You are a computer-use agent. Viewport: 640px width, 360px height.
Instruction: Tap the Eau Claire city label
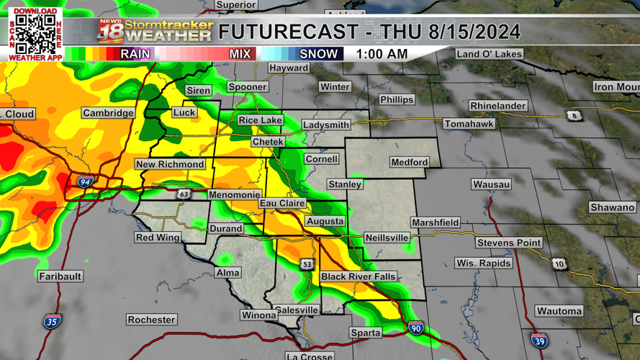(x=282, y=204)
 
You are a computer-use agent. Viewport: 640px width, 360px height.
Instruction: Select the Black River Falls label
(x=358, y=277)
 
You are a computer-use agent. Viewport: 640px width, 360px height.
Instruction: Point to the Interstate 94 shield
(x=85, y=183)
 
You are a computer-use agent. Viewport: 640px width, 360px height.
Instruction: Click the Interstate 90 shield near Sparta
(x=415, y=328)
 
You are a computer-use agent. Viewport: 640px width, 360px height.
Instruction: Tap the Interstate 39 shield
(x=539, y=341)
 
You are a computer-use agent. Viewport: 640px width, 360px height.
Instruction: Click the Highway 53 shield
(x=307, y=265)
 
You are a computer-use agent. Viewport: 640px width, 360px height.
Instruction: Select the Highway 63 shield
(x=184, y=194)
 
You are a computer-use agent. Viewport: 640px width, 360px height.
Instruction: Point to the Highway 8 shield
(x=573, y=116)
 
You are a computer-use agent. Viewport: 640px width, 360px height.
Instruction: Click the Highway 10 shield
(x=559, y=264)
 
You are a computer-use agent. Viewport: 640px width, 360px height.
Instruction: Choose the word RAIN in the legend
(x=135, y=54)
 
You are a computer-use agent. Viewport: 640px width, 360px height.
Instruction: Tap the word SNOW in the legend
(x=317, y=54)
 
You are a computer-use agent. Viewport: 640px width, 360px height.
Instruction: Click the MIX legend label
(x=240, y=54)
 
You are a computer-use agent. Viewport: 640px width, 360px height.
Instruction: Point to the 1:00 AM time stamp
(x=382, y=54)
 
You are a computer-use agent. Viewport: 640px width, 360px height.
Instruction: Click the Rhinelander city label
(x=498, y=106)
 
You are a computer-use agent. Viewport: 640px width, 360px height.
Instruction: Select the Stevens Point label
(x=509, y=243)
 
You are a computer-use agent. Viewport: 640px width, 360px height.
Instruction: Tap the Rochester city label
(x=151, y=320)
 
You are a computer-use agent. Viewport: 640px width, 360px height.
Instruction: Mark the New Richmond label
(x=171, y=164)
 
